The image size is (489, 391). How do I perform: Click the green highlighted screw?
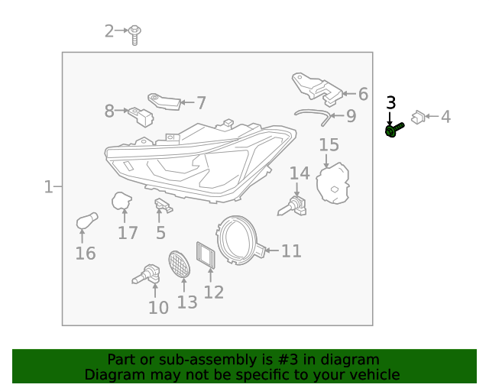[x=394, y=130]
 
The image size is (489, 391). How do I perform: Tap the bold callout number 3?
[x=390, y=102]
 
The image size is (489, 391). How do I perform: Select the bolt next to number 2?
[x=134, y=35]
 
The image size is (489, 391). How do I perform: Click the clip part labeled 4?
[x=418, y=118]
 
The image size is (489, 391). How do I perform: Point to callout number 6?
[x=363, y=94]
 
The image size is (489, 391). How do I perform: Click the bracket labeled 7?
[x=164, y=102]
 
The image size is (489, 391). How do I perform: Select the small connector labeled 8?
[x=141, y=117]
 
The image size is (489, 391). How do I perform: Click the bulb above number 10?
[x=146, y=274]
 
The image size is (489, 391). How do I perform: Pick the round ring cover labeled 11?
[x=241, y=240]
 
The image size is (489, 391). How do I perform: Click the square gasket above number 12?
[x=206, y=254]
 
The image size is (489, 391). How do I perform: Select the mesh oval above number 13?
[x=179, y=263]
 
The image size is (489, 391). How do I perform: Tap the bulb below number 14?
[x=292, y=207]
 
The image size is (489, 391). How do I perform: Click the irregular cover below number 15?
[x=332, y=183]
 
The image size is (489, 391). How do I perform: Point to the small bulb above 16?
[x=87, y=221]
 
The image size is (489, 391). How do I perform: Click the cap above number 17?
[x=121, y=201]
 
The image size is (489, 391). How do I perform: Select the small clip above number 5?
[x=164, y=205]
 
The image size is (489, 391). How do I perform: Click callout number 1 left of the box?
[x=48, y=186]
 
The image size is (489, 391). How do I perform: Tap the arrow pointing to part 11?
[x=272, y=250]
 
